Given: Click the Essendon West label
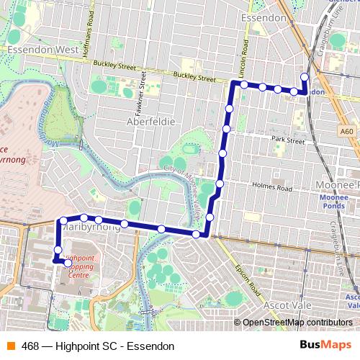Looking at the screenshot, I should (x=42, y=50).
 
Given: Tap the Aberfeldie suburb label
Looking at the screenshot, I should (x=151, y=122).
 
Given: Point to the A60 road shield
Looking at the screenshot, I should (x=347, y=131).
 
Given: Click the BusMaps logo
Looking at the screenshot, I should (x=325, y=346).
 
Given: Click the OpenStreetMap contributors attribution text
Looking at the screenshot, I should (x=297, y=323).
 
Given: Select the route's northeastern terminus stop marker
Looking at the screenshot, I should (x=305, y=77).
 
